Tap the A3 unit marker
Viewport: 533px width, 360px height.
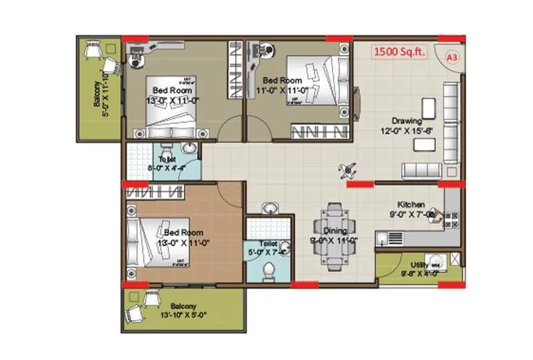[452, 58]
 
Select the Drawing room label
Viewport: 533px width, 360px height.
[406, 121]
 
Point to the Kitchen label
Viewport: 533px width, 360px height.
[412, 204]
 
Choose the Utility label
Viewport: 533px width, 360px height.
[420, 265]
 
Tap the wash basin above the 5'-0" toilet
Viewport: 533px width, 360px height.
[269, 209]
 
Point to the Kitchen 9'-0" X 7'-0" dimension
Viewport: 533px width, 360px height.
[411, 215]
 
